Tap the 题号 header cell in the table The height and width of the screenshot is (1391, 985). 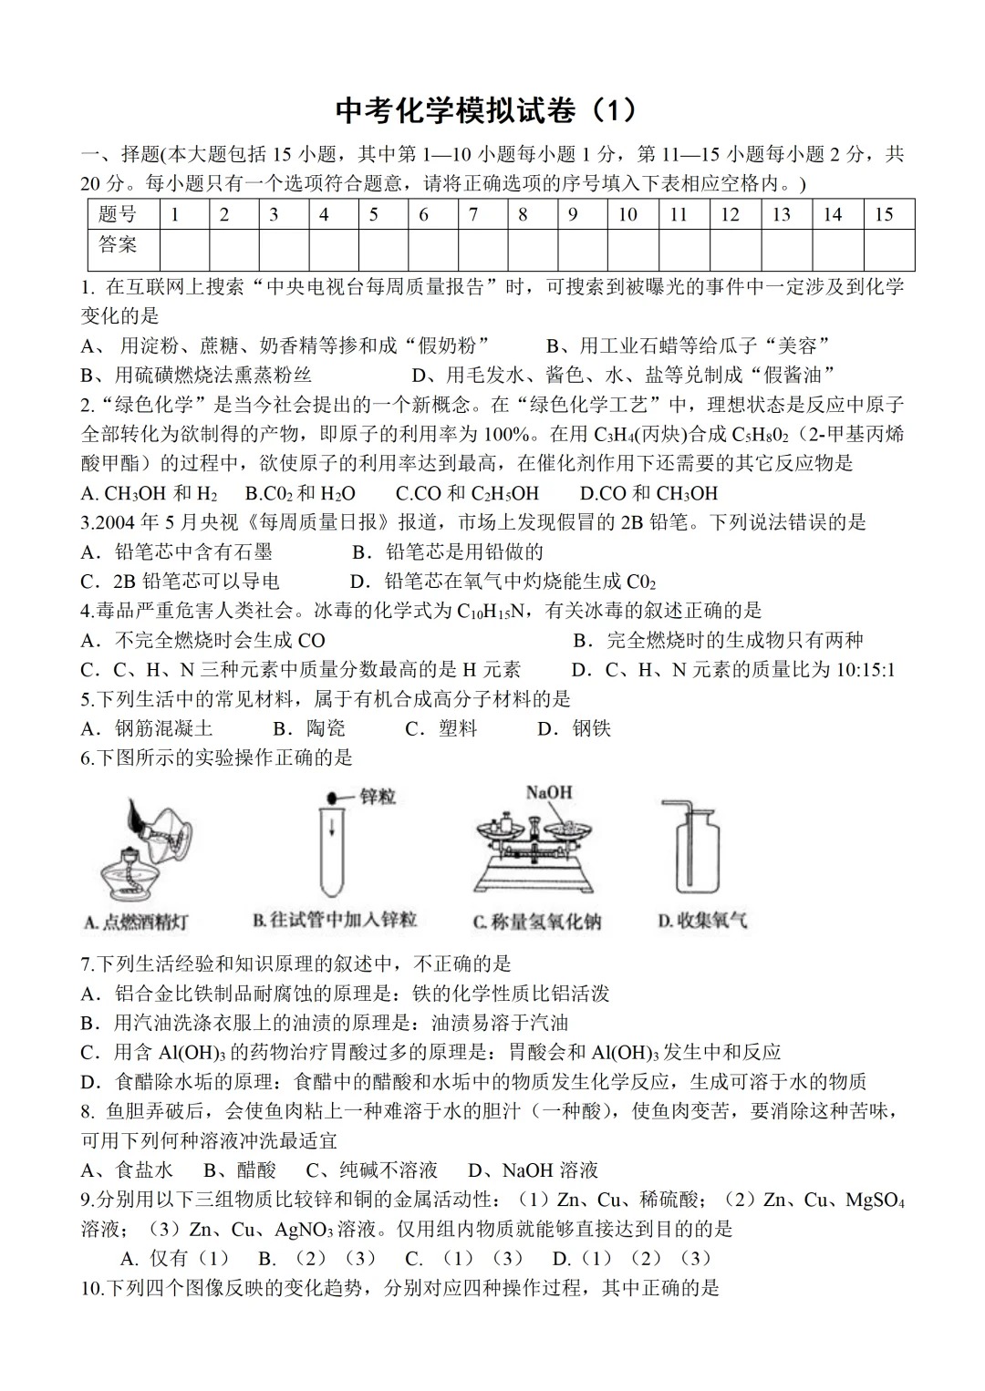point(119,215)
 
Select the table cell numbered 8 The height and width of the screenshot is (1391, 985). point(523,215)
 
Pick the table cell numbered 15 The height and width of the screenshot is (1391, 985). point(883,215)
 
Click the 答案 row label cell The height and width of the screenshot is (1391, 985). point(119,245)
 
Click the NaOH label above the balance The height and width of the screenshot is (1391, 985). point(548,792)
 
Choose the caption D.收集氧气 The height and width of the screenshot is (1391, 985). point(702,921)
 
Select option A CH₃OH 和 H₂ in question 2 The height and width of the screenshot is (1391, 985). point(149,493)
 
